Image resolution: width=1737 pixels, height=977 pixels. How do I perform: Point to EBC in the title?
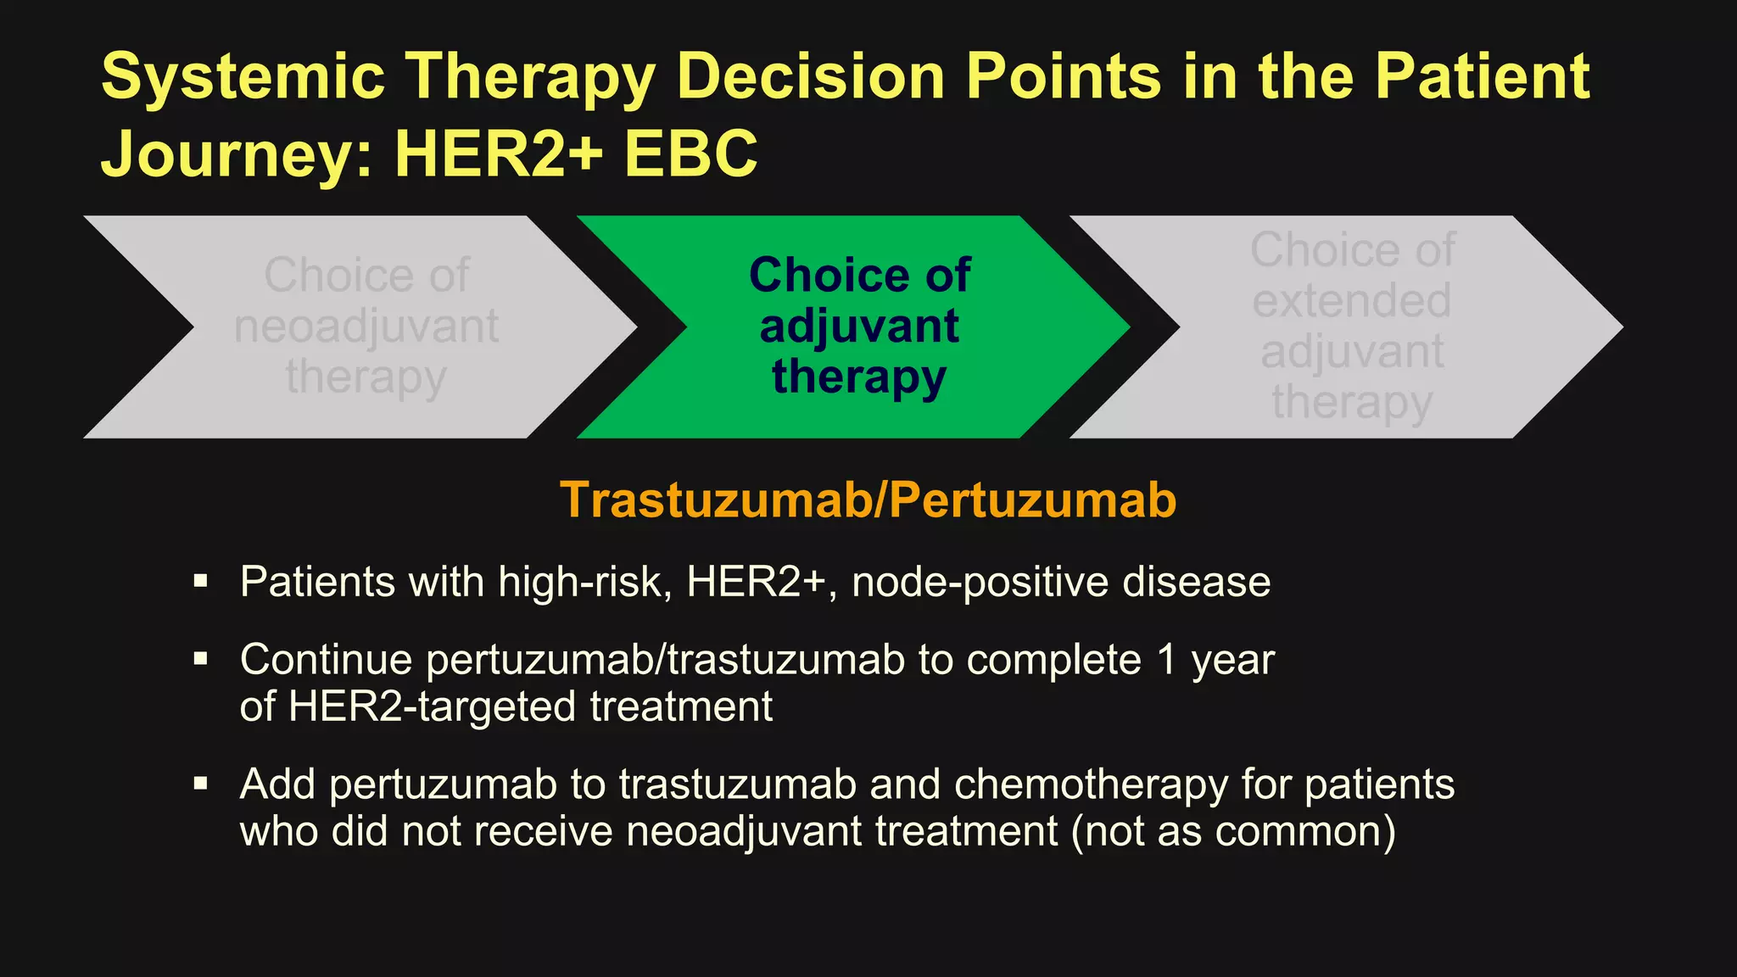pos(691,154)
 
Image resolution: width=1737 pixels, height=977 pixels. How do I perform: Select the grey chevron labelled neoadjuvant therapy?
pos(365,327)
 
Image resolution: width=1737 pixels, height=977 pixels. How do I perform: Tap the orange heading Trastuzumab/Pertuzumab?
pos(868,500)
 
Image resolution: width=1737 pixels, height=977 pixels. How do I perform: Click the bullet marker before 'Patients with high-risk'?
pos(200,581)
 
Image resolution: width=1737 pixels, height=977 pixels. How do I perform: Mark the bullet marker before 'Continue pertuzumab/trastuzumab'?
pos(200,659)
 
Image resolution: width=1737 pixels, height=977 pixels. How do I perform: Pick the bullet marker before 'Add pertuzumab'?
pos(200,783)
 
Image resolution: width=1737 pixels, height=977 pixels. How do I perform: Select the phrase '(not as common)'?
pos(1233,830)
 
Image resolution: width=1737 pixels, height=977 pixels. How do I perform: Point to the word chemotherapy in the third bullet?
pos(1091,784)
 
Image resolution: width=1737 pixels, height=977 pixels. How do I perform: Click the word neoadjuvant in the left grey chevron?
pos(366,327)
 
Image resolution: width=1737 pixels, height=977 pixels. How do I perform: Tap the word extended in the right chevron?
pos(1352,301)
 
